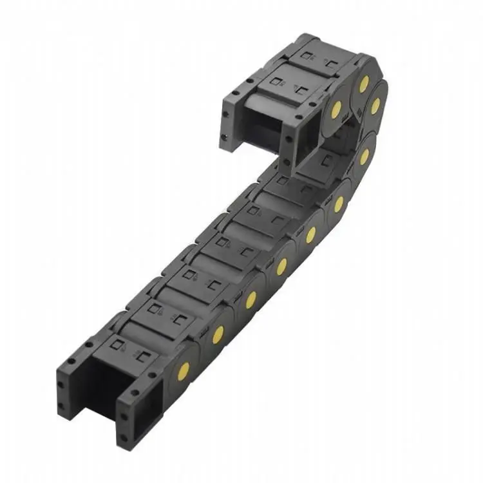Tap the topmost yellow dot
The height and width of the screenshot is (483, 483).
coord(364,83)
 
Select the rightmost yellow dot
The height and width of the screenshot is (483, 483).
coord(375,106)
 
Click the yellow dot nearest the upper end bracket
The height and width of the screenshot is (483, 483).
coord(336,109)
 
